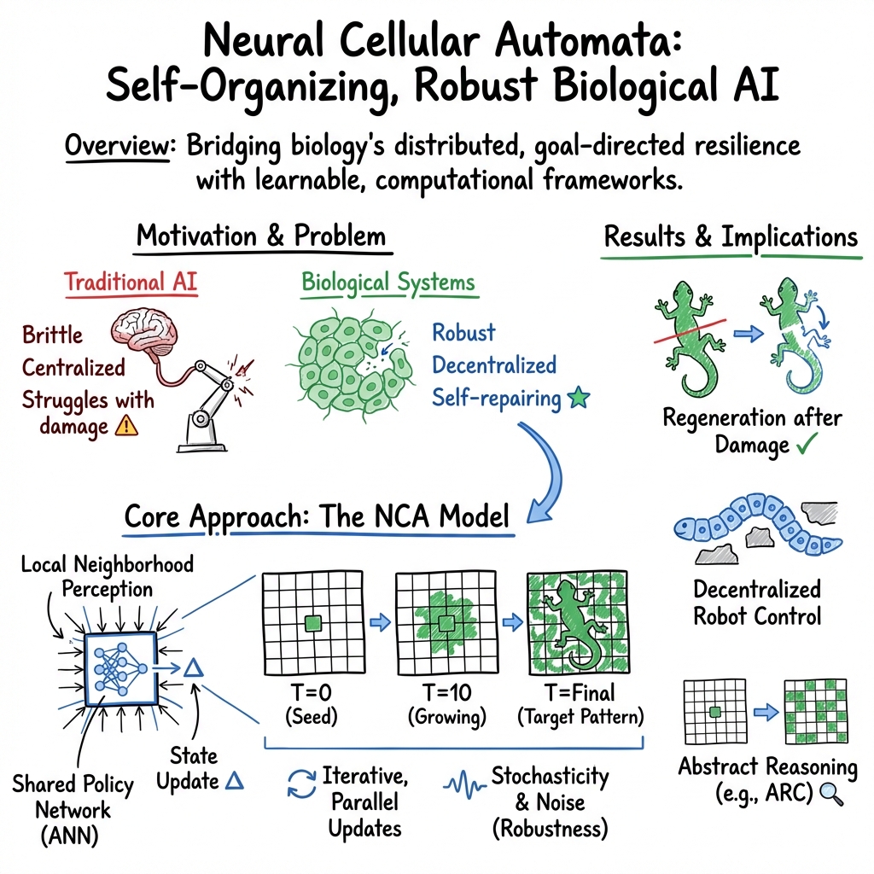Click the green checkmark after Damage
click(x=806, y=444)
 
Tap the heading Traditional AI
click(x=131, y=283)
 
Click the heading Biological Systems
click(x=388, y=283)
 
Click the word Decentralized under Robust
click(x=494, y=365)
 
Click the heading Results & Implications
click(x=731, y=237)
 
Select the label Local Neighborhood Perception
click(x=108, y=576)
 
